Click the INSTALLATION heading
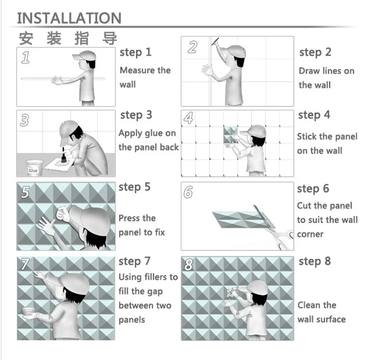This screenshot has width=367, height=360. [x=69, y=18]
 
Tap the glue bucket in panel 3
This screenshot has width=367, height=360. [x=34, y=168]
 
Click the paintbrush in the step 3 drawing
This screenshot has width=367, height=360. [x=63, y=156]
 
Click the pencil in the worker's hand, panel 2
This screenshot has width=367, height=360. [x=215, y=41]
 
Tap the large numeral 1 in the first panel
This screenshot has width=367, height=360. [x=26, y=58]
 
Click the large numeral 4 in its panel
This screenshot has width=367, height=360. [x=189, y=118]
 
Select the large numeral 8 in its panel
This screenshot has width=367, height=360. [x=189, y=265]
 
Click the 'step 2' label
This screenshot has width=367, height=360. [x=315, y=52]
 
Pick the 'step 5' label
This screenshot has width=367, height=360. [x=134, y=187]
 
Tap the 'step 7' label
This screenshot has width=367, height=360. [x=134, y=262]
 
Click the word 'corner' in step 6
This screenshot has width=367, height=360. [x=310, y=234]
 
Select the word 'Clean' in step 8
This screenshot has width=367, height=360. [x=309, y=305]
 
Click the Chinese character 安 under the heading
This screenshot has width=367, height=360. [x=26, y=39]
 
